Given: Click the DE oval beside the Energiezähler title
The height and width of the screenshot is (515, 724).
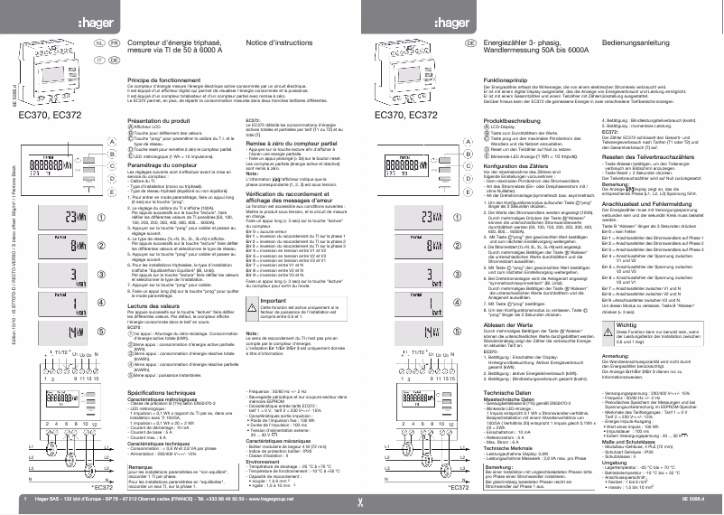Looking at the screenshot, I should (470, 42).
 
